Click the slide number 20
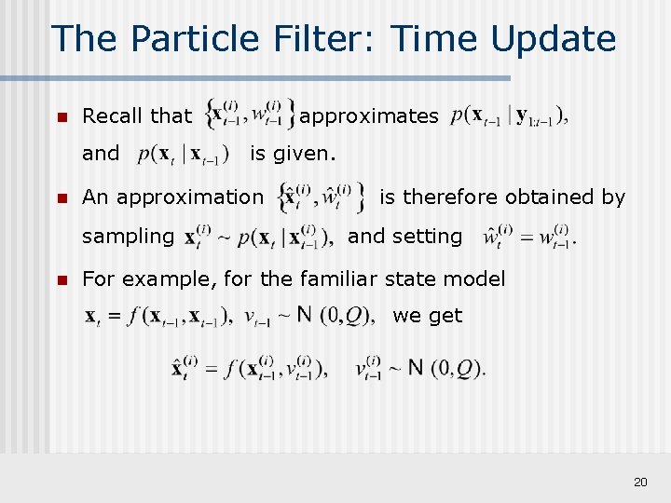(x=640, y=482)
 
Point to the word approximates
(x=369, y=116)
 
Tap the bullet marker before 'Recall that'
(x=62, y=117)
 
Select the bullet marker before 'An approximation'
(x=62, y=197)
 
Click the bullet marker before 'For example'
(x=62, y=279)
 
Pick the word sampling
(x=128, y=237)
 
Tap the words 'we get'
(x=427, y=316)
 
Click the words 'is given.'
(x=293, y=153)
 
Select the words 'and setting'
(x=404, y=237)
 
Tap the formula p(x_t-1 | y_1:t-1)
(x=509, y=117)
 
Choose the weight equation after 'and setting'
(x=529, y=237)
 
